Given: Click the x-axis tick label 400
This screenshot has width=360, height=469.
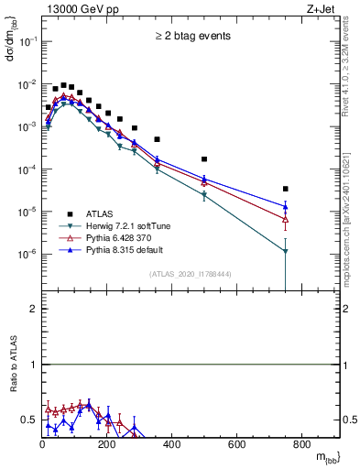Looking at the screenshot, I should tap(172, 445).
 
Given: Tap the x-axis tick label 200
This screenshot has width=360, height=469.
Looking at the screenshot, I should tap(107, 445).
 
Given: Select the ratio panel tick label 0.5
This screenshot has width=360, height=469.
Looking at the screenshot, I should tap(28, 420).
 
